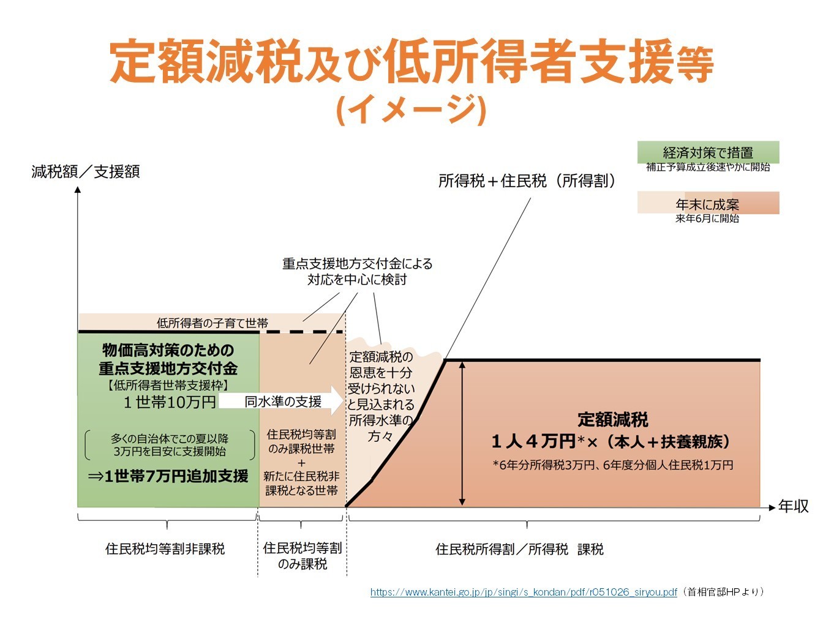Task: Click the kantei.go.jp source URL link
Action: coord(524,592)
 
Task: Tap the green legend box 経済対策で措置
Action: coord(708,152)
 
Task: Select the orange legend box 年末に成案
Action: coord(708,203)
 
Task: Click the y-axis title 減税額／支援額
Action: coord(86,171)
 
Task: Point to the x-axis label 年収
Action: coord(793,506)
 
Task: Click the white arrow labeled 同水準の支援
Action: coord(282,402)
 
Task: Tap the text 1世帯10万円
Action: coord(170,402)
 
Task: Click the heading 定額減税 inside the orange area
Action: coord(612,420)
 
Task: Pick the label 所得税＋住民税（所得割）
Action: coord(527,181)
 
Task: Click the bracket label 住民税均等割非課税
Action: coord(165,549)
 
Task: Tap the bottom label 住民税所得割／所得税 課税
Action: coord(519,549)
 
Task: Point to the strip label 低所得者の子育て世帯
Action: coord(212,323)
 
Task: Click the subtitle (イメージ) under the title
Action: coord(411,110)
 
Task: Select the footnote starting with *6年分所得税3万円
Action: coord(612,465)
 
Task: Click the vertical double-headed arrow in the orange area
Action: coord(462,433)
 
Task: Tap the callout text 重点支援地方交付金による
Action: coord(357,264)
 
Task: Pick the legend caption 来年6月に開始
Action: coord(707,219)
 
